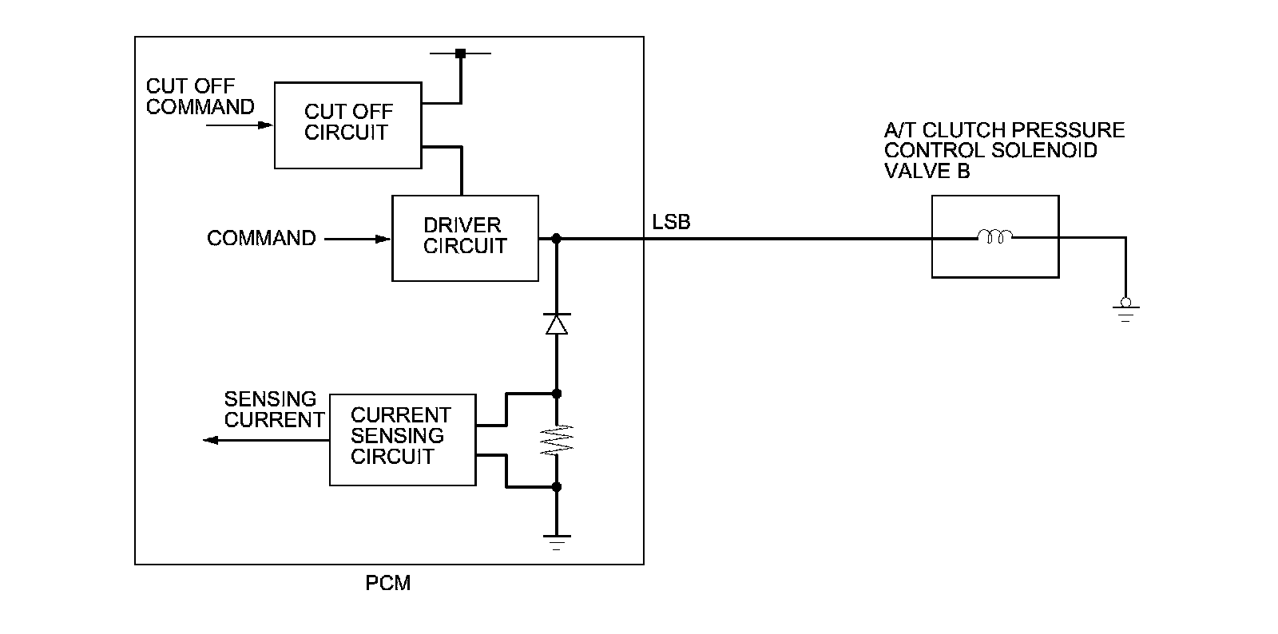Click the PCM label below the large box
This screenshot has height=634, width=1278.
[388, 583]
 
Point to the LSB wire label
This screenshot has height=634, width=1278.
[671, 222]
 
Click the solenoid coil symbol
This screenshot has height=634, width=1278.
[995, 236]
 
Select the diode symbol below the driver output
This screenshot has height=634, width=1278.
[557, 323]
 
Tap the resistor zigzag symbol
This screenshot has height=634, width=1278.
[557, 440]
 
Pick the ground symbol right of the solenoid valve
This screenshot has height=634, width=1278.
[1125, 310]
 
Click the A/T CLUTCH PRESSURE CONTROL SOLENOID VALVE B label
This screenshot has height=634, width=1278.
[1004, 151]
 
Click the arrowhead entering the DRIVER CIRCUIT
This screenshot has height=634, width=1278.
[383, 239]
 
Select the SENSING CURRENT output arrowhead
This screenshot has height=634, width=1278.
[211, 440]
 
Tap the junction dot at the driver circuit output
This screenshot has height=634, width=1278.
[556, 238]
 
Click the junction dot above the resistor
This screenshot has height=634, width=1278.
[557, 394]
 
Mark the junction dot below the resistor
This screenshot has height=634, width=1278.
[557, 487]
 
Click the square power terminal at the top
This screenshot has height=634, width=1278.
[460, 53]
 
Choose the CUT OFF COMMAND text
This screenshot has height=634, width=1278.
[200, 97]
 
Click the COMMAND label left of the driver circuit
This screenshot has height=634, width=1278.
[261, 238]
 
